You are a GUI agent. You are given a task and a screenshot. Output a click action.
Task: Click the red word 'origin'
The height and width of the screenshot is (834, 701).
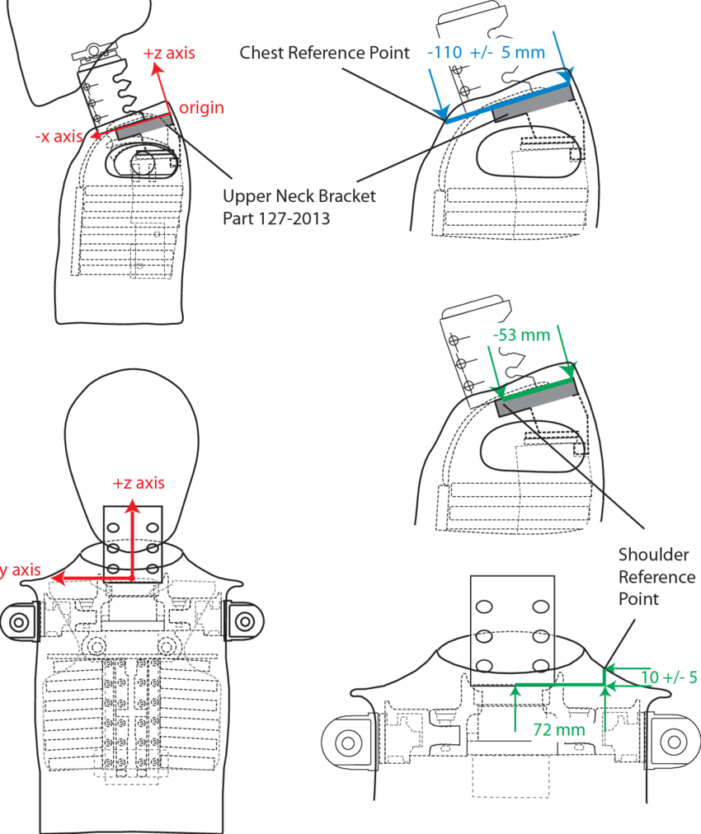201,108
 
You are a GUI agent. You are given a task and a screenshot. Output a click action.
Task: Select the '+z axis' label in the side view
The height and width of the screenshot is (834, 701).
168,54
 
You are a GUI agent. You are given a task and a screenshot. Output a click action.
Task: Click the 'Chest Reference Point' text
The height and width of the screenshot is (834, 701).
324,53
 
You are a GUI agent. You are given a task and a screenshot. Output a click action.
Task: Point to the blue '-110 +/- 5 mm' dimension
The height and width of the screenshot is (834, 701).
486,53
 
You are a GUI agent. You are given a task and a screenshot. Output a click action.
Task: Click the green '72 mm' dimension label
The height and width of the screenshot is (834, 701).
558,729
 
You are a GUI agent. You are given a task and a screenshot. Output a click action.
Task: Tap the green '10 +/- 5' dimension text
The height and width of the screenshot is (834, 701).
669,677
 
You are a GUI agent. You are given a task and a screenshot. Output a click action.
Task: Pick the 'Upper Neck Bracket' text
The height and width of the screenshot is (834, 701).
299,197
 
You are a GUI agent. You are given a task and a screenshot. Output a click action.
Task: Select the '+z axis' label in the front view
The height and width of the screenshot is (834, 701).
139,483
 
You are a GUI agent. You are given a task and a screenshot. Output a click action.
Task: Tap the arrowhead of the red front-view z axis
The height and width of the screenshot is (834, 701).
130,506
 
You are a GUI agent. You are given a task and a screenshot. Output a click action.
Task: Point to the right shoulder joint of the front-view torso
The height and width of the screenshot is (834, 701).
243,620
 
